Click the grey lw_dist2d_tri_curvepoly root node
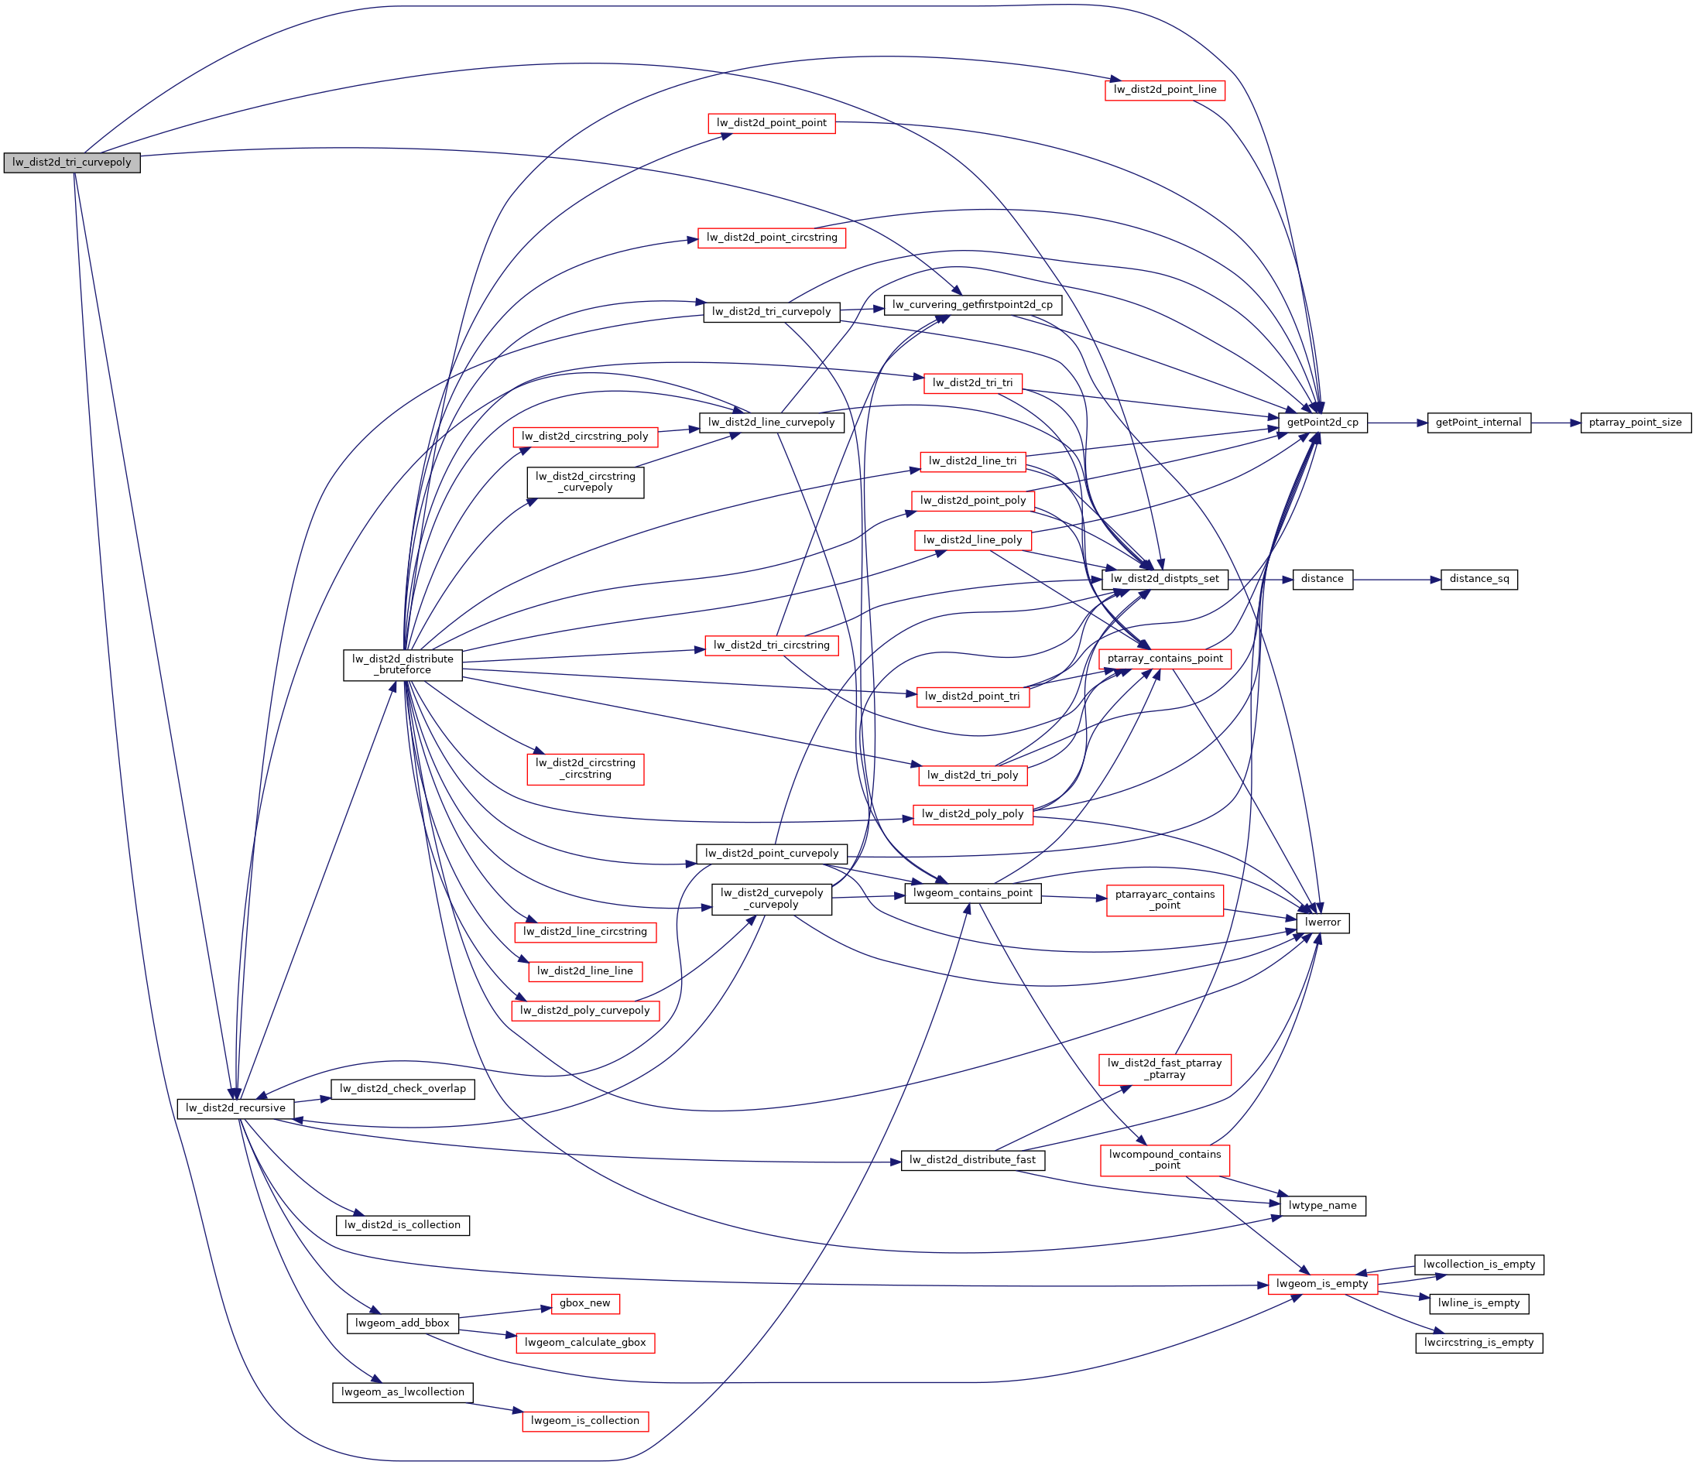click(x=72, y=162)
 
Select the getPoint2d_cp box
click(x=1322, y=423)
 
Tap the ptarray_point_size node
click(x=1635, y=423)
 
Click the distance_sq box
click(x=1479, y=579)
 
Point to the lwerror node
click(x=1323, y=922)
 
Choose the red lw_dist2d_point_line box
click(x=1164, y=89)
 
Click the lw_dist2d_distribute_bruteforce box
click(x=403, y=664)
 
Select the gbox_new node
click(x=584, y=1303)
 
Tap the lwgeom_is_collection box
click(x=584, y=1421)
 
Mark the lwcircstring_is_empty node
click(x=1478, y=1342)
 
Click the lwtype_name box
click(x=1322, y=1205)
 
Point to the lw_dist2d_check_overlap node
click(x=403, y=1089)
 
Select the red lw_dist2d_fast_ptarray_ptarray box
click(x=1164, y=1069)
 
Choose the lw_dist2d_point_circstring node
click(x=771, y=238)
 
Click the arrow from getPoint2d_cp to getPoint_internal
click(x=1396, y=423)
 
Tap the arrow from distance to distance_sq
click(x=1396, y=580)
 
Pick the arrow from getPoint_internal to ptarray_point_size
click(x=1555, y=423)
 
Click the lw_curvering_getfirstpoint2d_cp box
click(x=972, y=304)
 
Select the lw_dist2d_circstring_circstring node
click(x=585, y=768)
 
